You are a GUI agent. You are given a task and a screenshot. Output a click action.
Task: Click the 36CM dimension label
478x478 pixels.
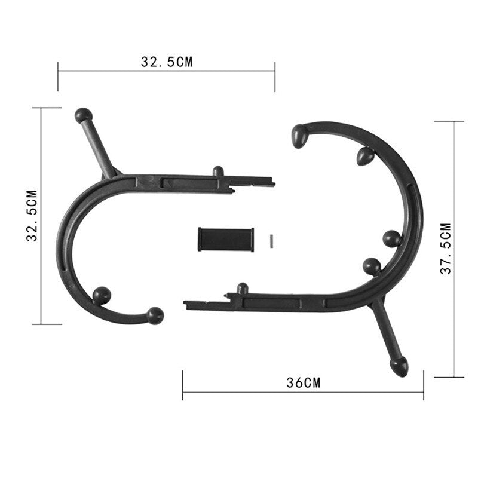303,384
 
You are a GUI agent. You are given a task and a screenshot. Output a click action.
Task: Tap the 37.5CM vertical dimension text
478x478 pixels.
445,249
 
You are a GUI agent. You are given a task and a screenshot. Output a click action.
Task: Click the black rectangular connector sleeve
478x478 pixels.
226,239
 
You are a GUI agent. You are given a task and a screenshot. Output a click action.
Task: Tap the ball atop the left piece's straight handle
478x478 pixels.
83,115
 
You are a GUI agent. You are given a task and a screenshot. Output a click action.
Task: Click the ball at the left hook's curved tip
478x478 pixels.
155,315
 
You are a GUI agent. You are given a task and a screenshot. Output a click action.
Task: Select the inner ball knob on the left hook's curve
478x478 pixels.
102,295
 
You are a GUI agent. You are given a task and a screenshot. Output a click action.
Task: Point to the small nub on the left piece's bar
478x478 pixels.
218,171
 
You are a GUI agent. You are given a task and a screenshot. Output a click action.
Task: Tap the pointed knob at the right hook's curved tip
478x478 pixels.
299,136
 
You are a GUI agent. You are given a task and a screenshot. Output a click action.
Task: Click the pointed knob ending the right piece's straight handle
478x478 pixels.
400,367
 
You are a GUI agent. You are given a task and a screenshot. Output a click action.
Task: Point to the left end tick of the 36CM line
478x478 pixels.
183,385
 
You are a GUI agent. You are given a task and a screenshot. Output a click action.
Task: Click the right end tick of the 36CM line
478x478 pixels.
423,385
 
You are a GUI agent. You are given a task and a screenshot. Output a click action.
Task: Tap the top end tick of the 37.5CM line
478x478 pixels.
449,121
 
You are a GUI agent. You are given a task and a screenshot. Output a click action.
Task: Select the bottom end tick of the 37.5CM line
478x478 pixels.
449,377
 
